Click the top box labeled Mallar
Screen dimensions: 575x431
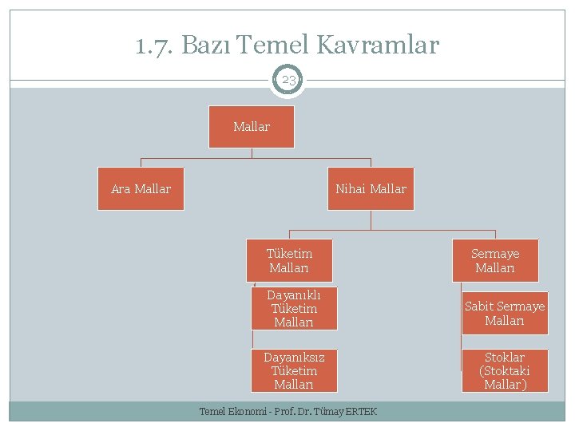click(252, 127)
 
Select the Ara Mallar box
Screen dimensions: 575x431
click(141, 189)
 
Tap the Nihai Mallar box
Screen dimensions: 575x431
click(371, 189)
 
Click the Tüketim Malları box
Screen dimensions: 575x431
click(289, 260)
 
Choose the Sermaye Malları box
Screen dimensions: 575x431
click(495, 260)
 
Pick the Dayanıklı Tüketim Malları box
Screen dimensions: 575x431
click(294, 308)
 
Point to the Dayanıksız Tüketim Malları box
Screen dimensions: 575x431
click(294, 370)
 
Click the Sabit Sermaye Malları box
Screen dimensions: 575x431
click(505, 313)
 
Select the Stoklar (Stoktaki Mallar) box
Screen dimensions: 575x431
click(505, 370)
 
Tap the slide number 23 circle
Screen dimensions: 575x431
click(288, 80)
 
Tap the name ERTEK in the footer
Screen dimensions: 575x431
click(361, 412)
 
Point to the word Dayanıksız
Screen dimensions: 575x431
click(294, 357)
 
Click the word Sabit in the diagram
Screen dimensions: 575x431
click(479, 306)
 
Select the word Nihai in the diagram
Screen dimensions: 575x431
click(351, 189)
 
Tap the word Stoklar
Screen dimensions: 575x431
click(505, 357)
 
